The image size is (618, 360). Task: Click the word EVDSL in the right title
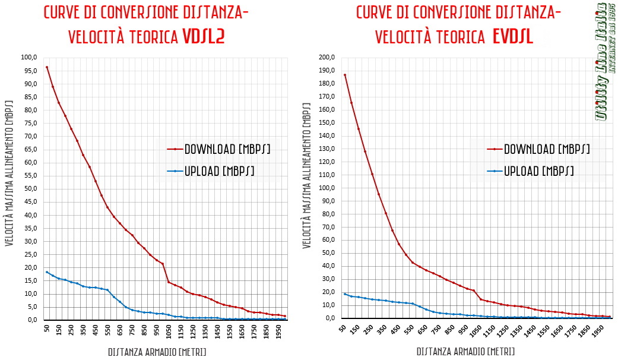click(513, 37)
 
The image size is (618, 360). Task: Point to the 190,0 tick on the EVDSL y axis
click(327, 71)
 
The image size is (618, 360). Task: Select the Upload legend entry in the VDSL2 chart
click(219, 171)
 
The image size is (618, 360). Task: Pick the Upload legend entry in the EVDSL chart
click(538, 171)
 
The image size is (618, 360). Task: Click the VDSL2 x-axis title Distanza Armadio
click(157, 352)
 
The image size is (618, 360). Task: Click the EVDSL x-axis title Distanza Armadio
click(466, 352)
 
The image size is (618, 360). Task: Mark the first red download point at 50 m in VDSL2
click(47, 67)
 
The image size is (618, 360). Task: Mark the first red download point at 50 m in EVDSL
click(345, 75)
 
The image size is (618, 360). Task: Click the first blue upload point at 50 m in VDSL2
click(47, 272)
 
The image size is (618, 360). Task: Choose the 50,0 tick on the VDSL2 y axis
click(29, 189)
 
